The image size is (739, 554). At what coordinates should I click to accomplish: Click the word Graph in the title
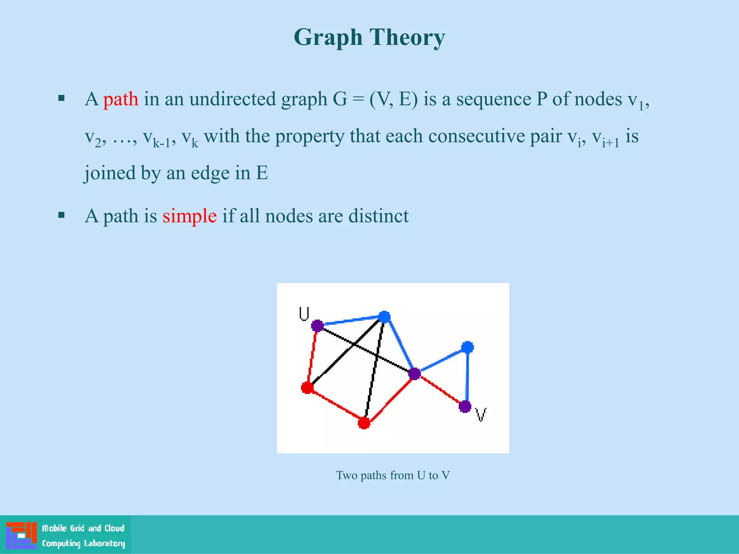pyautogui.click(x=328, y=38)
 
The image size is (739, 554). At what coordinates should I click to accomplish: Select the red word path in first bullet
pyautogui.click(x=121, y=99)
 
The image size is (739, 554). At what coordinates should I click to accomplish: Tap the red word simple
pyautogui.click(x=189, y=216)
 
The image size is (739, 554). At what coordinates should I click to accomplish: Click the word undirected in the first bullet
pyautogui.click(x=232, y=99)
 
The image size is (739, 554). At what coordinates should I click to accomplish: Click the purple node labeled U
pyautogui.click(x=317, y=326)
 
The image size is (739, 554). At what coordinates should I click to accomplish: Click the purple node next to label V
pyautogui.click(x=465, y=406)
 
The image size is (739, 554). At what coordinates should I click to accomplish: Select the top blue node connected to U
pyautogui.click(x=384, y=317)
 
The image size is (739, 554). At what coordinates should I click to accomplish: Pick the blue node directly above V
pyautogui.click(x=467, y=347)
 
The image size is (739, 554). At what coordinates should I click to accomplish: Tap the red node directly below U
pyautogui.click(x=307, y=388)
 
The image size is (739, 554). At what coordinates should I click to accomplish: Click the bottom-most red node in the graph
pyautogui.click(x=364, y=423)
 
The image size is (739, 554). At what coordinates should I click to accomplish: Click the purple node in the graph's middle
pyautogui.click(x=414, y=374)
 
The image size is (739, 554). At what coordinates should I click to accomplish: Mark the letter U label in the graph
pyautogui.click(x=304, y=313)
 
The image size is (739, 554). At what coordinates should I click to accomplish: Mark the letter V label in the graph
pyautogui.click(x=481, y=415)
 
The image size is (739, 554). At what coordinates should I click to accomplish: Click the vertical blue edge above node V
pyautogui.click(x=467, y=377)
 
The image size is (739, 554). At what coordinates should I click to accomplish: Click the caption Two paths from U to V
pyautogui.click(x=393, y=475)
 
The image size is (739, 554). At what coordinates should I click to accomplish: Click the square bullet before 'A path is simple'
pyautogui.click(x=61, y=215)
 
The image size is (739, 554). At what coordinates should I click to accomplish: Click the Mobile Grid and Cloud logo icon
pyautogui.click(x=21, y=535)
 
